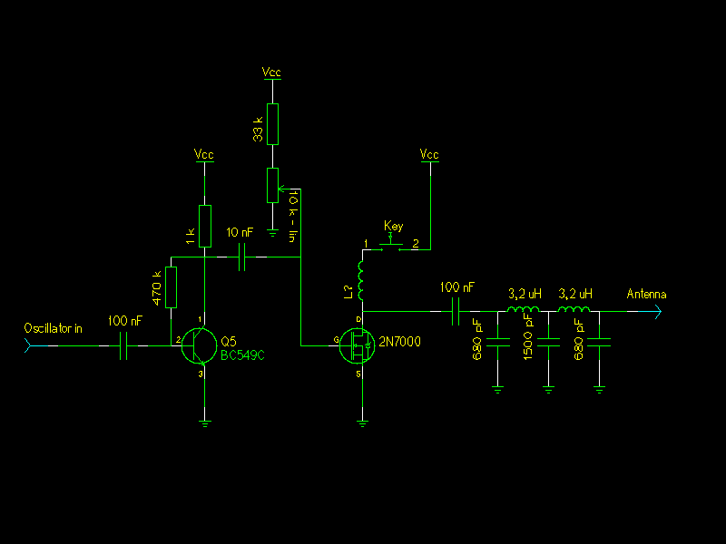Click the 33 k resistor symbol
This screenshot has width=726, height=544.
point(271,124)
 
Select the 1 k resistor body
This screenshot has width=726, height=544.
point(205,226)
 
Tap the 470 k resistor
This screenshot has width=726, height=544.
point(170,288)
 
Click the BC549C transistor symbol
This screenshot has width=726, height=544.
point(199,345)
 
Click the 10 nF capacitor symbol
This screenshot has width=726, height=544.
point(243,258)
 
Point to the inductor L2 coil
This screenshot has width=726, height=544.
point(361,281)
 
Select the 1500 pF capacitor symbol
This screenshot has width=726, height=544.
point(548,343)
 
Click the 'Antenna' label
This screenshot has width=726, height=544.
point(646,294)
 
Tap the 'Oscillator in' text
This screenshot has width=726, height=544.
point(54,328)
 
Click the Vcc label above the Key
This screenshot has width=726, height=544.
point(429,155)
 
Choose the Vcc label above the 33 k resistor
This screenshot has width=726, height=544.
point(271,71)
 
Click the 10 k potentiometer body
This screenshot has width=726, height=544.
point(271,185)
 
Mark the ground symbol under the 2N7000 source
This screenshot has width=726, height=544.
point(362,422)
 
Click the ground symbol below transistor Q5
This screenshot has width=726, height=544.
point(206,422)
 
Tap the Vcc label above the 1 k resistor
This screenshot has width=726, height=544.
point(204,155)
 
